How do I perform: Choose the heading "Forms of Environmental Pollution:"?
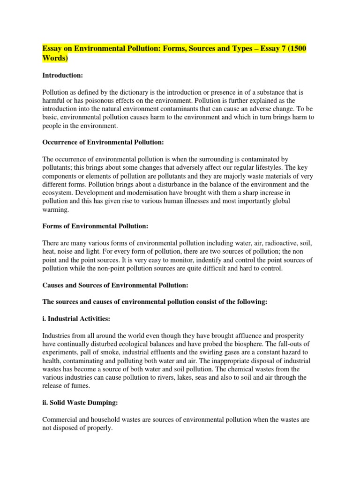pos(95,226)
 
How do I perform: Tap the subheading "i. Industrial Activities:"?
pos(76,319)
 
